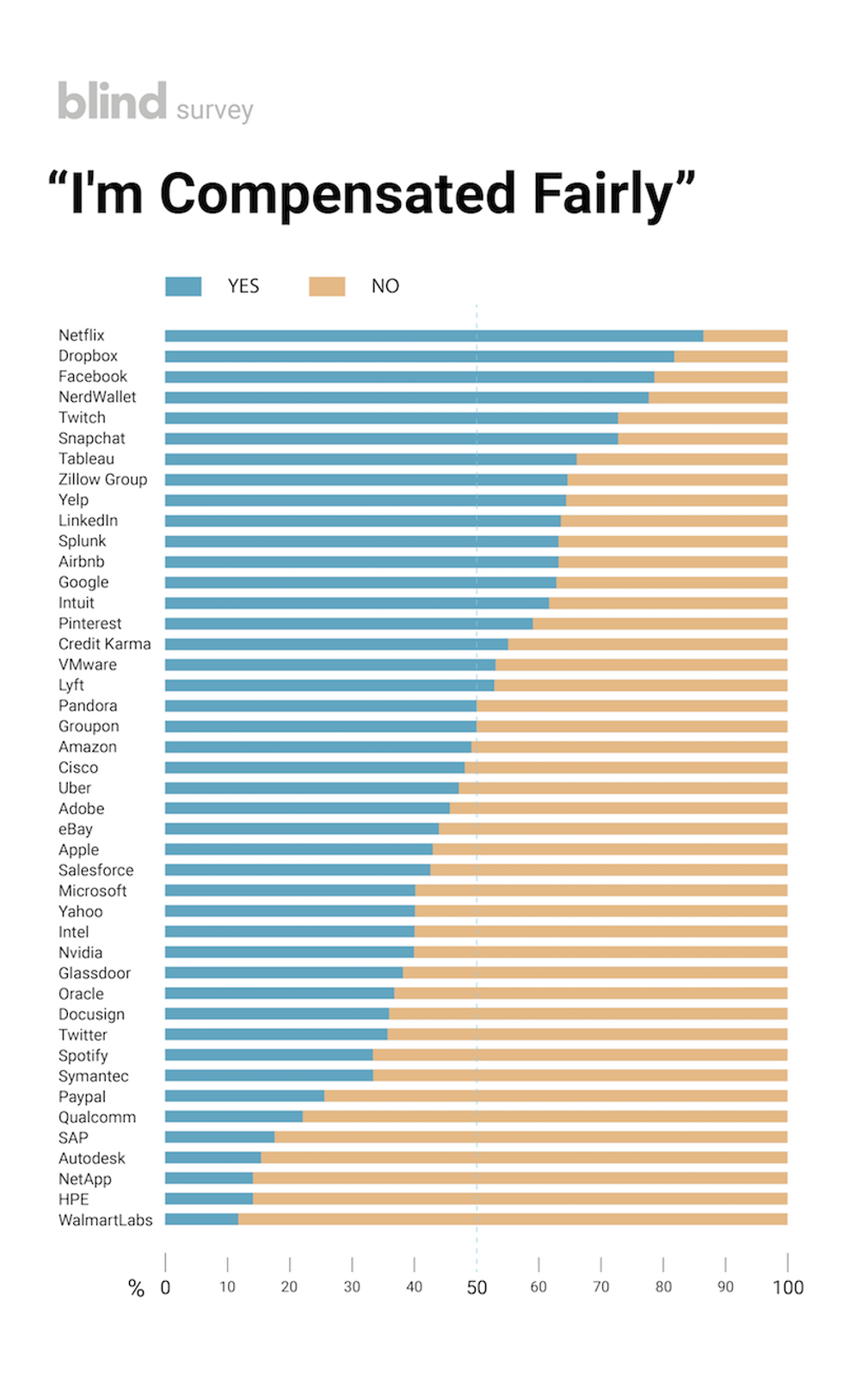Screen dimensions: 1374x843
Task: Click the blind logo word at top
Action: (112, 102)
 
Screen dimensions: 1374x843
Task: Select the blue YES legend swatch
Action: (183, 287)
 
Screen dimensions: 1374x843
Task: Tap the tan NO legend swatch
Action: (327, 287)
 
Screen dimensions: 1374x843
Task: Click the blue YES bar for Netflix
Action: (434, 336)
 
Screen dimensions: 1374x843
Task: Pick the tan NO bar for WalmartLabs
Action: (513, 1219)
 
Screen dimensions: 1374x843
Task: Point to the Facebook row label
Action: (93, 377)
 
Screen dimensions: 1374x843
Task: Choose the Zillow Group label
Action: (102, 479)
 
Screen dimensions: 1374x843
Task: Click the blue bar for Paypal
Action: (244, 1096)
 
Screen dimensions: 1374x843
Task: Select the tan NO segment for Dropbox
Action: (730, 356)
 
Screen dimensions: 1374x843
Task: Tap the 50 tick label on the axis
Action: (477, 1288)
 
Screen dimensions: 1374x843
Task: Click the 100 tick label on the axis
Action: (788, 1288)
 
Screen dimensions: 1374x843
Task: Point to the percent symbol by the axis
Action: (136, 1288)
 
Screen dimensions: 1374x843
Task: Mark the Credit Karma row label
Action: (104, 644)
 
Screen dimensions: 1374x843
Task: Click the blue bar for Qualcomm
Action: (234, 1117)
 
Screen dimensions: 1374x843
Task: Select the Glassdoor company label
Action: (95, 973)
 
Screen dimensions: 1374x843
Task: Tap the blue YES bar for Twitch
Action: (391, 418)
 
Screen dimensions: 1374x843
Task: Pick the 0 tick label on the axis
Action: (165, 1288)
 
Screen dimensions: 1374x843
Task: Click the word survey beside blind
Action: (215, 111)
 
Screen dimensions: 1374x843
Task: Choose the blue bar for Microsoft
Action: (290, 890)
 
